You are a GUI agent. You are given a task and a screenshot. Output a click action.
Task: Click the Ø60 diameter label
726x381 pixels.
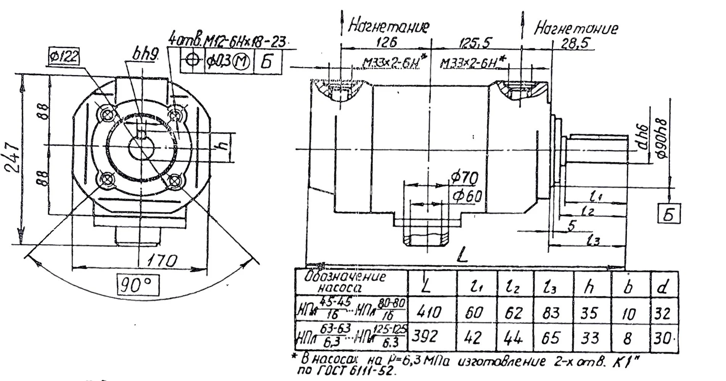466,196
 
